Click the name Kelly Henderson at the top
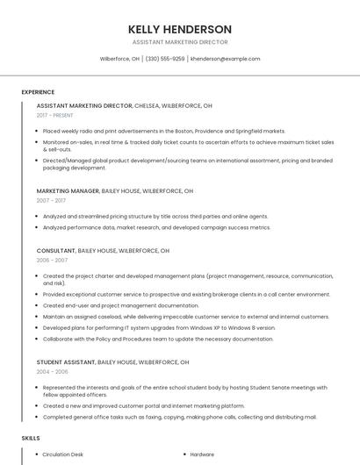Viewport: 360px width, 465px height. [x=180, y=29]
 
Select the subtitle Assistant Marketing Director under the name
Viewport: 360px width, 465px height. [x=180, y=42]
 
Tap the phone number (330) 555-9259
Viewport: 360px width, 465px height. [x=165, y=59]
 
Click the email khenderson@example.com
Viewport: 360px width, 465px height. [x=226, y=59]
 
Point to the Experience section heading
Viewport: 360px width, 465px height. [x=38, y=91]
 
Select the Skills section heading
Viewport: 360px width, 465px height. [x=31, y=437]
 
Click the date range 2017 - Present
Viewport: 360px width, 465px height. [x=55, y=115]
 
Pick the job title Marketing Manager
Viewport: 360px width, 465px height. [x=68, y=190]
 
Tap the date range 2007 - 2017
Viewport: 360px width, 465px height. [x=51, y=200]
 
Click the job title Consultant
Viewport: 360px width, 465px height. [x=56, y=250]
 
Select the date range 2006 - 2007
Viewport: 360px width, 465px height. [x=52, y=261]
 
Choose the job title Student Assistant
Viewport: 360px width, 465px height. [x=66, y=361]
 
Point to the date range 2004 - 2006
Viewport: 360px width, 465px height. [x=52, y=371]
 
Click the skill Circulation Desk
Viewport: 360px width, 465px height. [x=63, y=454]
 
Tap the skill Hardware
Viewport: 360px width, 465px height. [x=202, y=454]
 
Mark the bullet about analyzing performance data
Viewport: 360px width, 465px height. [x=156, y=227]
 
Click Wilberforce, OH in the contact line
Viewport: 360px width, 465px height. [x=119, y=59]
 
